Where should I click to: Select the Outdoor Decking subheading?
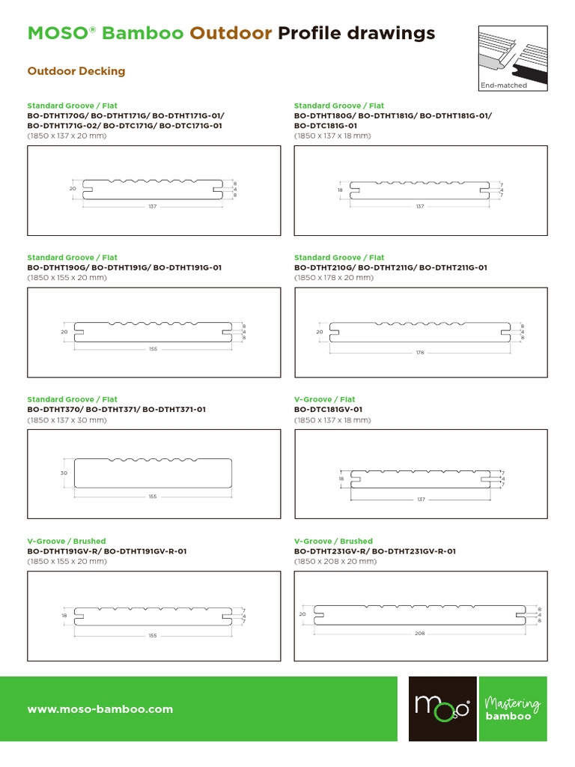tap(76, 71)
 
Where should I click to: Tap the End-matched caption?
tap(504, 85)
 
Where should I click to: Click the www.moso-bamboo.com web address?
tap(100, 709)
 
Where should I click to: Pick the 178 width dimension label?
tap(420, 352)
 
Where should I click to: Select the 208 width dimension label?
tap(420, 633)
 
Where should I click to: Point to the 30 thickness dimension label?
tap(64, 473)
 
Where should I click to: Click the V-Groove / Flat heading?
tap(324, 399)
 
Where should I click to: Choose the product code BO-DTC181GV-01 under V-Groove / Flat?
tap(328, 410)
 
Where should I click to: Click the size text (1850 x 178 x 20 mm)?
tap(334, 277)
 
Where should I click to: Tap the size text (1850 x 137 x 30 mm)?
tap(67, 420)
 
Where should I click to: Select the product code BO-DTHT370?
tap(54, 410)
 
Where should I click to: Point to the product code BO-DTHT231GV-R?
tap(330, 551)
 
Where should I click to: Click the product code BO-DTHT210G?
tap(324, 267)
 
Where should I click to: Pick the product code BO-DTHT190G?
tap(57, 267)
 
